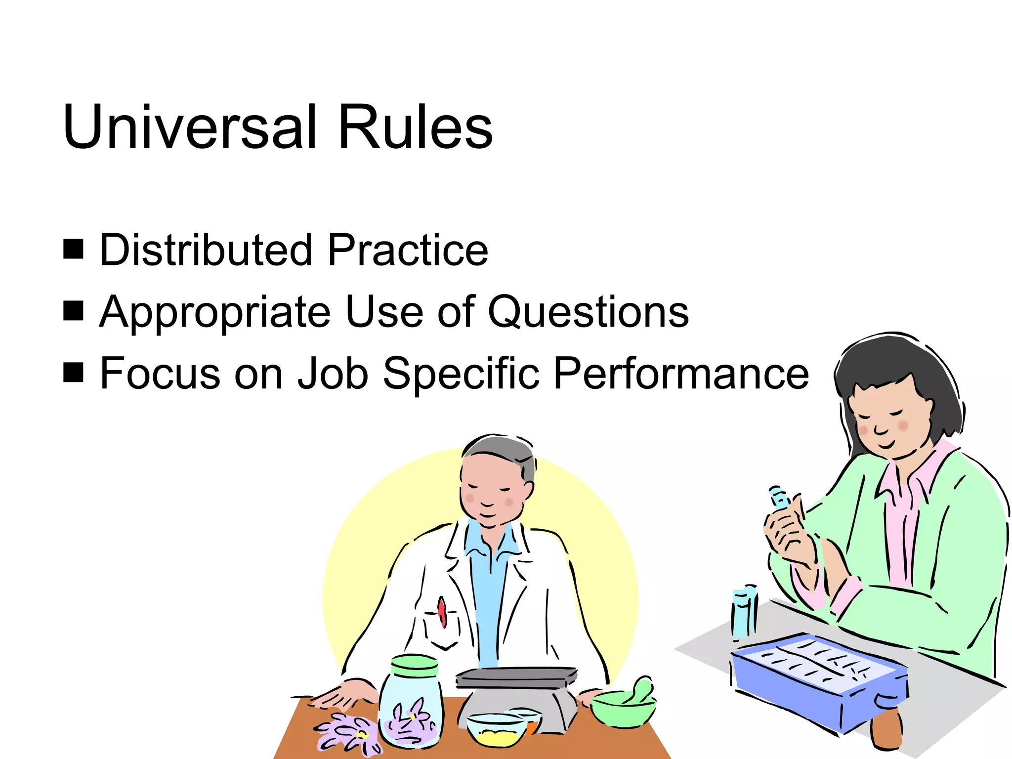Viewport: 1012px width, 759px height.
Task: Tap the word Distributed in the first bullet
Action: [x=206, y=250]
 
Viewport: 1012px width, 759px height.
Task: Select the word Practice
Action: [x=408, y=250]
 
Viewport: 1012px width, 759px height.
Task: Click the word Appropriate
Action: [x=214, y=312]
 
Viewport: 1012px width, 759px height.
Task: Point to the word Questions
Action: [x=588, y=312]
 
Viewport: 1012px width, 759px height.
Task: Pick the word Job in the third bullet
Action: [x=333, y=374]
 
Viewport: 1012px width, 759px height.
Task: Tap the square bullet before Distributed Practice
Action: [x=74, y=249]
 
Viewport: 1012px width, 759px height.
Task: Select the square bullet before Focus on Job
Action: [x=74, y=373]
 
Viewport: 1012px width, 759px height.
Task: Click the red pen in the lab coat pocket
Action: [x=442, y=611]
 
